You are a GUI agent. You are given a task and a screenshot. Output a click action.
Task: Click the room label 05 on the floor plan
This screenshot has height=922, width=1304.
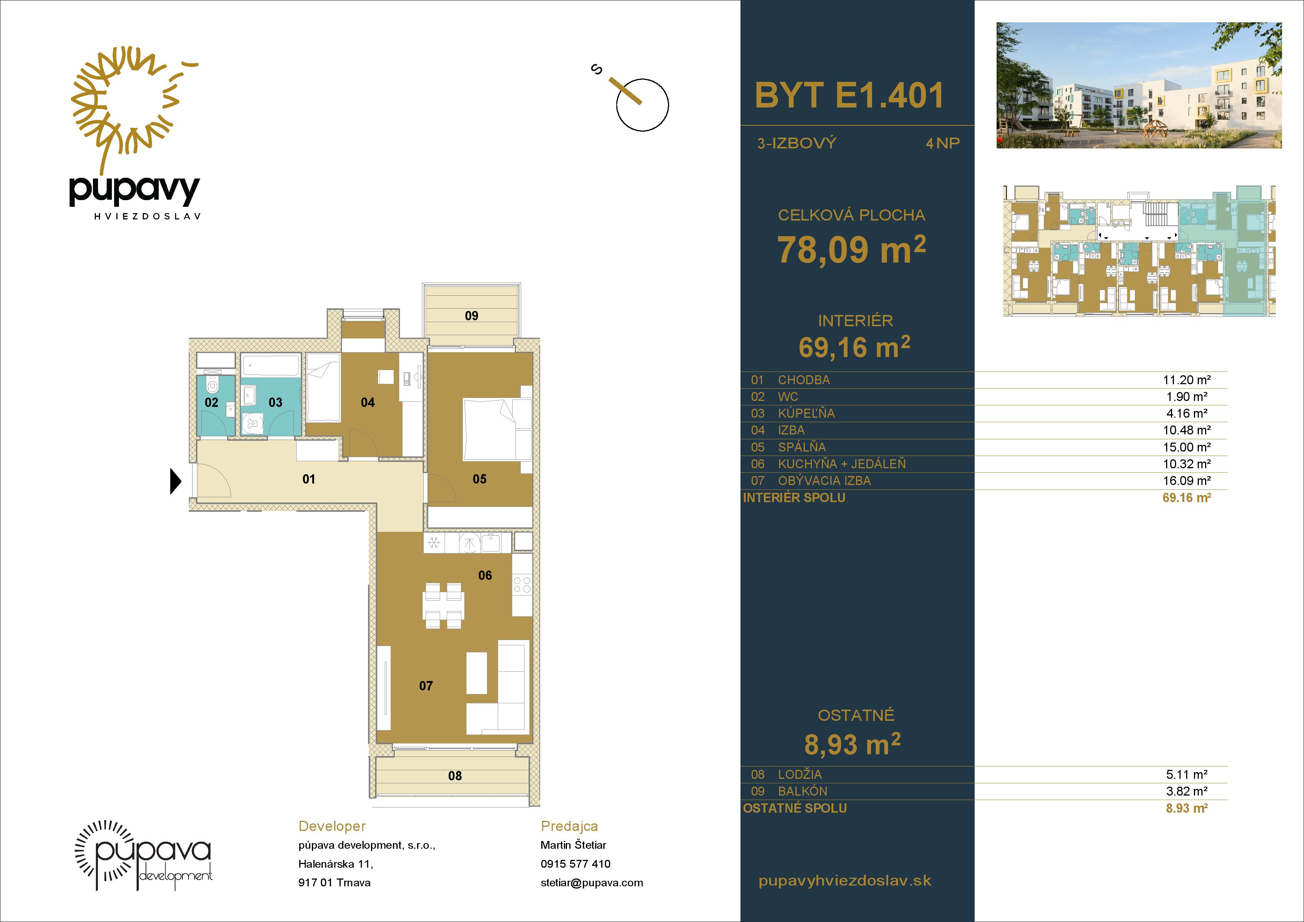480,479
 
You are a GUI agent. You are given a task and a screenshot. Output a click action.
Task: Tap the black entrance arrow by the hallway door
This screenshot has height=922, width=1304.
175,481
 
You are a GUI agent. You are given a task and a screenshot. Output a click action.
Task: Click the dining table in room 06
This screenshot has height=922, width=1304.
443,605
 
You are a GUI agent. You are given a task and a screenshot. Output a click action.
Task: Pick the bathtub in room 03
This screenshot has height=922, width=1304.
270,365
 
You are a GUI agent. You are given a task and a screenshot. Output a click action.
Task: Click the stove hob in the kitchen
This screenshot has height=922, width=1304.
522,585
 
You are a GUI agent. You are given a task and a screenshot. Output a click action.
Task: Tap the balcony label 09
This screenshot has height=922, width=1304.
471,316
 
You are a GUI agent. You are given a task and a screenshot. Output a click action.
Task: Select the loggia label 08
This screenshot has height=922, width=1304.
455,776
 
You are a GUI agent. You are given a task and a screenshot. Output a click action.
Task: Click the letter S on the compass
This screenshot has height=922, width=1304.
596,70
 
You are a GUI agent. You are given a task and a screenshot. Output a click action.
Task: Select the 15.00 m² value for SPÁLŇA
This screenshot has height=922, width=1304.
1187,447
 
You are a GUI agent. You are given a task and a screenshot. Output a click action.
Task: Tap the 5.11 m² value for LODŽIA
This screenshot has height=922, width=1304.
1187,774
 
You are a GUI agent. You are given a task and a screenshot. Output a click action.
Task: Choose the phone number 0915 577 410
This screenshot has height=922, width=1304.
575,864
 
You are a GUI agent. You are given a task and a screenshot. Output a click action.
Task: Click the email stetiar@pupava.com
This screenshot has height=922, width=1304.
592,883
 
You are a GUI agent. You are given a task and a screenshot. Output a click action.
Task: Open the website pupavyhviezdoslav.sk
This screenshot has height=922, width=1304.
845,881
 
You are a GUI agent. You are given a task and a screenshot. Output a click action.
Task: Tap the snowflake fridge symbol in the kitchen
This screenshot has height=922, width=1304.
434,543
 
